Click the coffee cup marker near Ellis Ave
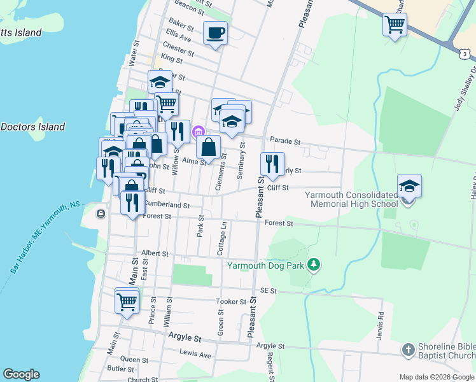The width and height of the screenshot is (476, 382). click(215, 32)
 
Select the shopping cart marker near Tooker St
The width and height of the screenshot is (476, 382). click(127, 301)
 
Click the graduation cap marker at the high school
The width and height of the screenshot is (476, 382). click(409, 186)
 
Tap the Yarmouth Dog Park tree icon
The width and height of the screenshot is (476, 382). click(313, 264)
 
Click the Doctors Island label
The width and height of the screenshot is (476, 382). click(32, 127)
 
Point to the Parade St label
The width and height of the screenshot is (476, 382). click(284, 139)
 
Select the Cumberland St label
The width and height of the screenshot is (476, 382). click(167, 205)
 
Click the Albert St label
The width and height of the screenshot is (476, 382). click(156, 253)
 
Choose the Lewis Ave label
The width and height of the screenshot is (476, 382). click(195, 354)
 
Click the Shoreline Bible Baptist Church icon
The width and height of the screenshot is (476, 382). click(408, 350)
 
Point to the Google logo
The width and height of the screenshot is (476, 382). click(21, 374)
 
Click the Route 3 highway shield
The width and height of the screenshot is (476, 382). click(466, 55)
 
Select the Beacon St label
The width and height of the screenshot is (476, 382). click(188, 8)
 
